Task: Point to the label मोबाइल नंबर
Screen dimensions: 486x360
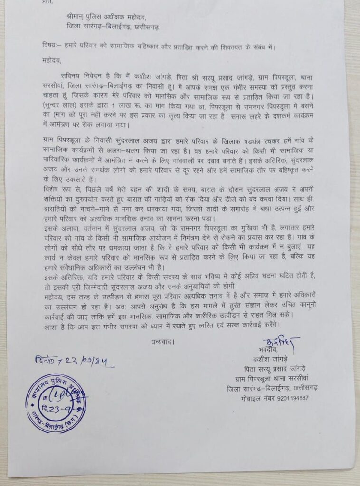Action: [x=255, y=398]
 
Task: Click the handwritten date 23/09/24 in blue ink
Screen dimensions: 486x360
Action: [x=90, y=364]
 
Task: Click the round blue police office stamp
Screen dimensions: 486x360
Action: [x=56, y=403]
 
